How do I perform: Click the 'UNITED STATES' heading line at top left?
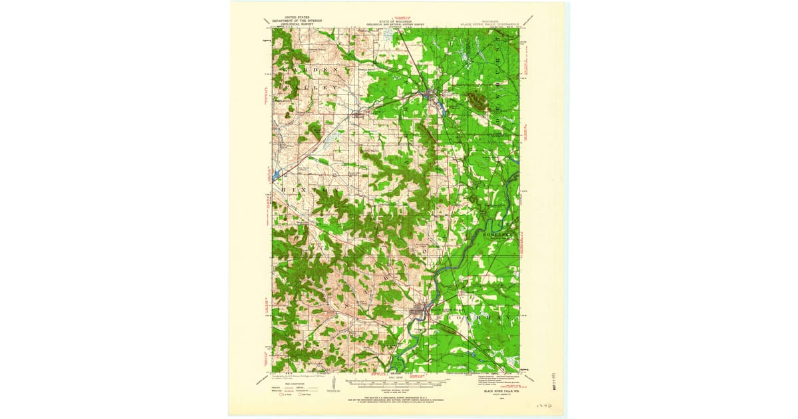tap(297, 16)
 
